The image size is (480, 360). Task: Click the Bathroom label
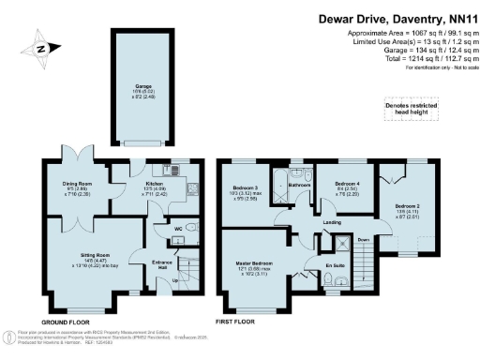coord(299,185)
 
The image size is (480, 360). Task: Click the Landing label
coord(332,222)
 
